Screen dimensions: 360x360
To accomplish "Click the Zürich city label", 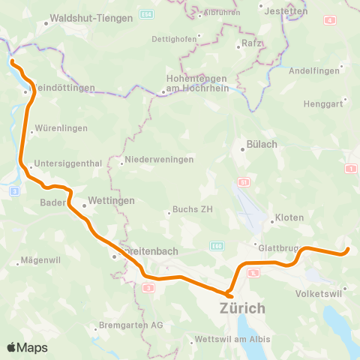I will point(242,307).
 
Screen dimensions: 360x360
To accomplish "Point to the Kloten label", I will point(289,217).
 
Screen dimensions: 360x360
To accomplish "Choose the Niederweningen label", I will point(159,160).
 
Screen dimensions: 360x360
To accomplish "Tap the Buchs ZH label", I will point(193,209).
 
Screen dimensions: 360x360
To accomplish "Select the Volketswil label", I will point(319,292).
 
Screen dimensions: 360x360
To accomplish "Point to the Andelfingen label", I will point(314,71).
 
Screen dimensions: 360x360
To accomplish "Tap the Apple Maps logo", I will point(27,347).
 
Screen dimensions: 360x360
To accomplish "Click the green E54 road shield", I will point(146,16).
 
